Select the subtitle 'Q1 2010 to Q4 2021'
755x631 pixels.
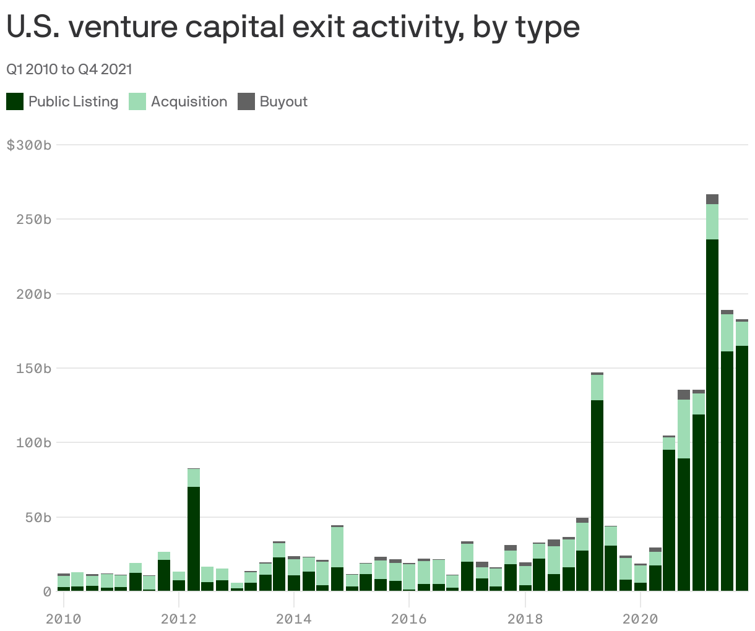click(69, 69)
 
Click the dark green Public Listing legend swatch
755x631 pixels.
click(15, 101)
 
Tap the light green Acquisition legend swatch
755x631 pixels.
click(137, 101)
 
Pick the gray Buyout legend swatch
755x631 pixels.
click(246, 101)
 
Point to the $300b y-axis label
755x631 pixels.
click(28, 145)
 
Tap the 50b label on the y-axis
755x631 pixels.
click(37, 517)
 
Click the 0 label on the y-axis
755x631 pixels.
click(47, 592)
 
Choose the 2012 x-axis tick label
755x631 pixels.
click(178, 619)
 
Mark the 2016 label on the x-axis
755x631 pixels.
click(409, 619)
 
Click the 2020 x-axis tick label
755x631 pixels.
click(640, 619)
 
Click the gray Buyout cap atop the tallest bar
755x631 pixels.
click(712, 199)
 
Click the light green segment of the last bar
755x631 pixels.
click(742, 333)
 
